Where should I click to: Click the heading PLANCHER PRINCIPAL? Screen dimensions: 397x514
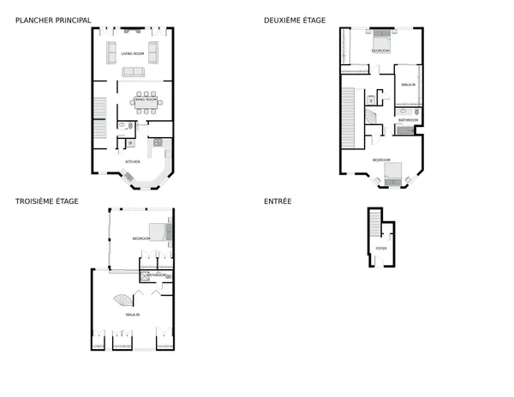click(x=53, y=20)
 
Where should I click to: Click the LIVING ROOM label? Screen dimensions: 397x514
click(x=132, y=54)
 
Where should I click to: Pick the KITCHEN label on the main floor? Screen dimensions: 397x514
click(x=133, y=162)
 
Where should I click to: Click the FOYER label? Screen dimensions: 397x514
click(x=381, y=248)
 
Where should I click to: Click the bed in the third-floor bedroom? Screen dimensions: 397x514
click(x=158, y=232)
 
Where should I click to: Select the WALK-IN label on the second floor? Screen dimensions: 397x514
click(x=408, y=84)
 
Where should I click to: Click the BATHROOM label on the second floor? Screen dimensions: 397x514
click(x=408, y=120)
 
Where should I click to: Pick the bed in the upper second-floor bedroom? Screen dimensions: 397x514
click(x=381, y=40)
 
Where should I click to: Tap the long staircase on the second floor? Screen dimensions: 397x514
click(x=349, y=111)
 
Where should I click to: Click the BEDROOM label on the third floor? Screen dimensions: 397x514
click(x=141, y=238)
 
